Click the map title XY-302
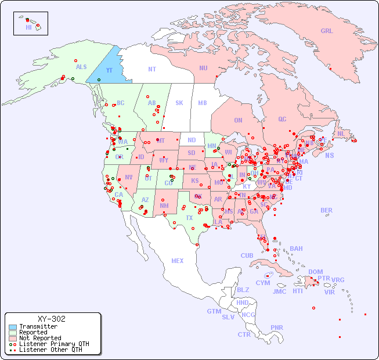pyautogui.click(x=52, y=319)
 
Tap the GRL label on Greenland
pyautogui.click(x=327, y=31)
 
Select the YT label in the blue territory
pyautogui.click(x=109, y=70)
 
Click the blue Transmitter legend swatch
pyautogui.click(x=12, y=327)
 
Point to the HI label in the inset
pyautogui.click(x=28, y=27)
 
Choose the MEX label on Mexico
pyautogui.click(x=177, y=261)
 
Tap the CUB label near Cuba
pyautogui.click(x=247, y=255)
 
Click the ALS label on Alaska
pyautogui.click(x=81, y=67)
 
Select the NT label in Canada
pyautogui.click(x=151, y=69)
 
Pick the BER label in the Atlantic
pyautogui.click(x=326, y=210)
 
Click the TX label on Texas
pyautogui.click(x=189, y=218)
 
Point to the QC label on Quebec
pyautogui.click(x=282, y=119)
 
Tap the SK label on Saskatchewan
pyautogui.click(x=179, y=103)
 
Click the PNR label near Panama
pyautogui.click(x=277, y=327)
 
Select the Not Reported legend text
pyautogui.click(x=40, y=338)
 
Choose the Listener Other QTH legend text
pyautogui.click(x=50, y=350)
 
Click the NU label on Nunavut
pyautogui.click(x=203, y=68)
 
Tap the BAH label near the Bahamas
pyautogui.click(x=296, y=249)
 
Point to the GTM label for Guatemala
pyautogui.click(x=214, y=311)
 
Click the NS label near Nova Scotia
pyautogui.click(x=329, y=155)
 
